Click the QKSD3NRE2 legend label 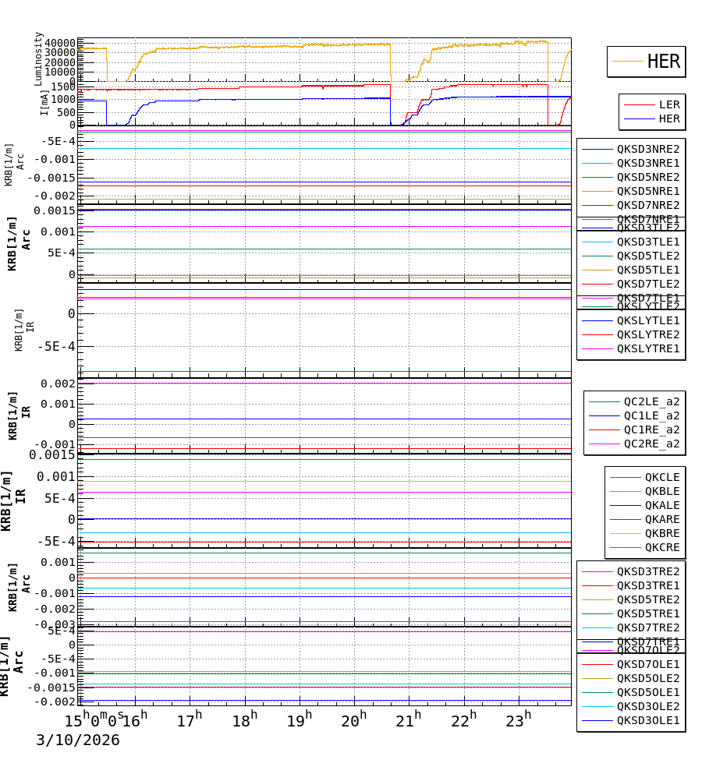click(x=647, y=149)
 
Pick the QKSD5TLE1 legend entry click(x=647, y=270)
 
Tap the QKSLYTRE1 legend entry click(x=647, y=348)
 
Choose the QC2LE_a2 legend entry click(x=651, y=401)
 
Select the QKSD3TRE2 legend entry click(x=647, y=571)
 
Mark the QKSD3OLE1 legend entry click(x=647, y=720)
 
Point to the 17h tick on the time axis click(x=189, y=720)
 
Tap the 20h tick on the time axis click(x=355, y=720)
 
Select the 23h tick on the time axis click(x=517, y=720)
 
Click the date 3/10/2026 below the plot click(x=77, y=740)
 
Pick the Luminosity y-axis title click(x=39, y=58)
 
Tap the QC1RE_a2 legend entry click(x=651, y=429)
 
